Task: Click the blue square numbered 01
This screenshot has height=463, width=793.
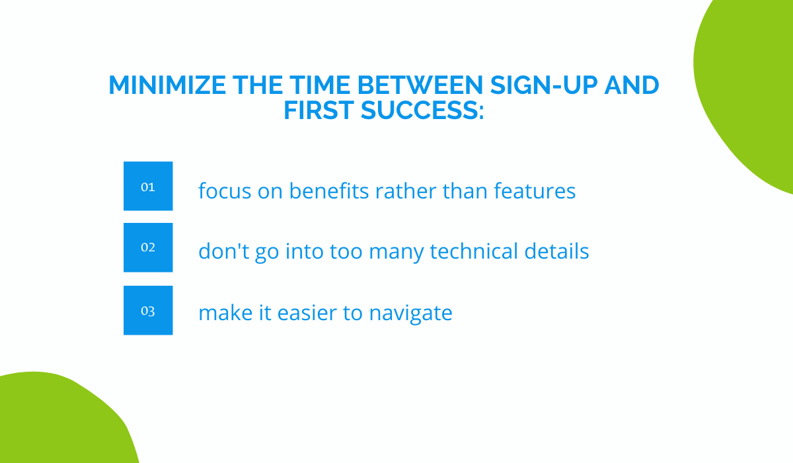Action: point(148,186)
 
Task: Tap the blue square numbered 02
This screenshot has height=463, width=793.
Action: point(148,247)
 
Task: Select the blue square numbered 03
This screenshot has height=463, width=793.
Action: point(148,310)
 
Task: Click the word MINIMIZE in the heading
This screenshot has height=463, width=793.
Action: point(167,85)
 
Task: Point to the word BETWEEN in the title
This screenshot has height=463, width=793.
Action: point(420,85)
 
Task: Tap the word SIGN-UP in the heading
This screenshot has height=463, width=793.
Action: point(544,85)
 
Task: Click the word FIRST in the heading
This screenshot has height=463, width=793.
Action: point(319,110)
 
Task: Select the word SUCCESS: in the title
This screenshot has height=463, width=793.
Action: point(422,110)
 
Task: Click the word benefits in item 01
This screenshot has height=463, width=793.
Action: point(329,190)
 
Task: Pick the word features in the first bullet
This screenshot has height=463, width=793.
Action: point(535,190)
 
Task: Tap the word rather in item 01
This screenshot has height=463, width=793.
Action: point(406,191)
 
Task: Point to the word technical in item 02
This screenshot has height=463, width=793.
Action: point(474,251)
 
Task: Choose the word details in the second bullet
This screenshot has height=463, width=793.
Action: point(556,251)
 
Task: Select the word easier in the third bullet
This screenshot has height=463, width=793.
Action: point(307,313)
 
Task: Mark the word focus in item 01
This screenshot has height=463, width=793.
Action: point(225,190)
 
